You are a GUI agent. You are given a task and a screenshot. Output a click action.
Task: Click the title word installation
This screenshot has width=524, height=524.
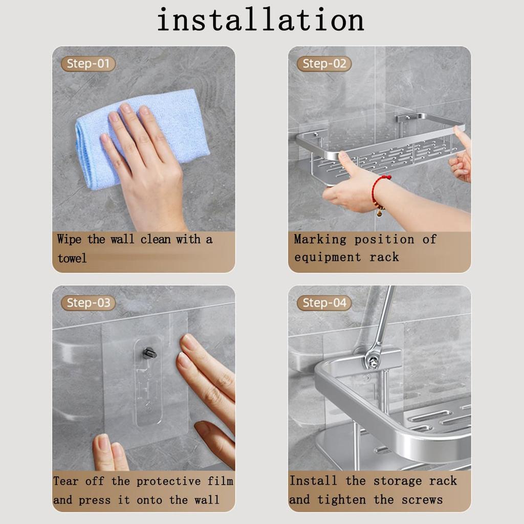point(260,20)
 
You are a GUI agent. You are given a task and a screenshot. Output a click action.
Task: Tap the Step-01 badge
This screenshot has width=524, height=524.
point(88,64)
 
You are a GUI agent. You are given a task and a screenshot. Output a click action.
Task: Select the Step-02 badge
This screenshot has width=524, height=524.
point(324,64)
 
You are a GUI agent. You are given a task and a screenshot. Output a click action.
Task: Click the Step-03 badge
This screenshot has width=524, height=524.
point(88,303)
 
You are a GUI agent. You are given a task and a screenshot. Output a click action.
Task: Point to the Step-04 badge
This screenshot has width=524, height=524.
point(324,303)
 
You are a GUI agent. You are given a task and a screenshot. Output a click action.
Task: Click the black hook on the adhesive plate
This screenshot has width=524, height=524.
point(149,353)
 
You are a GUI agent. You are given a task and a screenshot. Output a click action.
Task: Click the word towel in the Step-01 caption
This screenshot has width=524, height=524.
point(72,258)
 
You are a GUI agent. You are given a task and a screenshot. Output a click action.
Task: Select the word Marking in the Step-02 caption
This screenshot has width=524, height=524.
point(320,239)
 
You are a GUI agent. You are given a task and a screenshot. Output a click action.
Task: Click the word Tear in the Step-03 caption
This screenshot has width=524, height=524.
point(65,482)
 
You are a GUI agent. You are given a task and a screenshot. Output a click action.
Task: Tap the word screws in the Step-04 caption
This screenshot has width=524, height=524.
point(422,500)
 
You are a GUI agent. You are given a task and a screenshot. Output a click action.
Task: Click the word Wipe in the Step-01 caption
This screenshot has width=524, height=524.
point(69,239)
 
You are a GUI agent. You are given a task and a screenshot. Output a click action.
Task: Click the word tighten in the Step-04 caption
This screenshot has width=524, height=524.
point(343,500)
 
